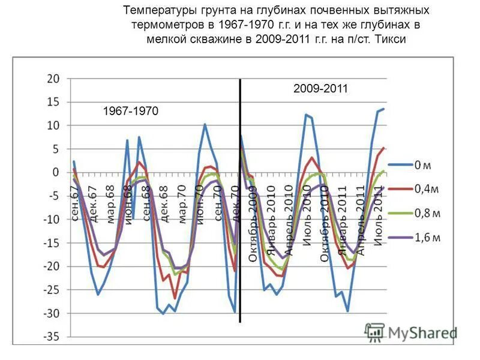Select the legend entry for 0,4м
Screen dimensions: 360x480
tap(426, 188)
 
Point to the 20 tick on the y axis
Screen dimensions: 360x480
tap(53, 79)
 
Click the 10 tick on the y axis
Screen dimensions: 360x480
tap(53, 125)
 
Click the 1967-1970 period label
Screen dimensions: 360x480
tap(130, 111)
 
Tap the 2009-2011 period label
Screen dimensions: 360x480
tap(320, 89)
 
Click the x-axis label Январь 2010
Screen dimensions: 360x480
tap(271, 224)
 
